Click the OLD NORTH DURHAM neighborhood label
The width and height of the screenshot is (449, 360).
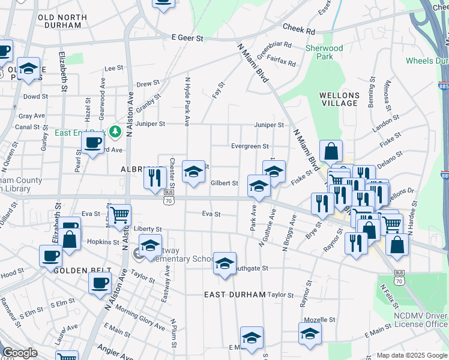(x=59, y=21)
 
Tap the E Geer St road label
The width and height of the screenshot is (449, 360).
(x=188, y=37)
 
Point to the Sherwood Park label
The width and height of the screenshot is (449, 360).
(x=324, y=52)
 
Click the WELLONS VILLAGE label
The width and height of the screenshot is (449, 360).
(x=339, y=99)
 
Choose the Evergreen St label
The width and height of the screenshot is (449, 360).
(x=250, y=146)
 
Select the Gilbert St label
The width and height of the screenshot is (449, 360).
(x=224, y=183)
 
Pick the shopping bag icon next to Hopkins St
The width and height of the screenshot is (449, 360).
(x=70, y=238)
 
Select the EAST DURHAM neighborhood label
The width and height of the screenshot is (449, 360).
(x=234, y=295)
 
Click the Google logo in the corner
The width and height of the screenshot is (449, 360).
(x=20, y=353)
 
